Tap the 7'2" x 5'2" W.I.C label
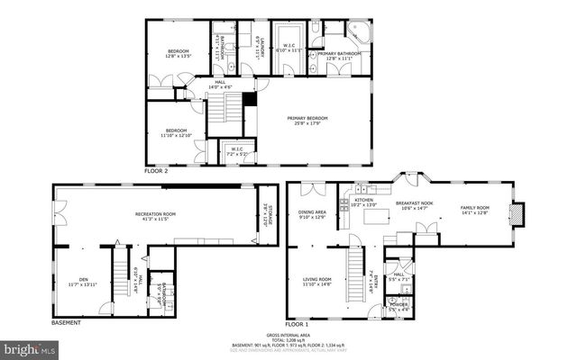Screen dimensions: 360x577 coord(236,151)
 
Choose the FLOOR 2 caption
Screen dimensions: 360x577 coord(157,169)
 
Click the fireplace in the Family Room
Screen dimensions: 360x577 coord(516,214)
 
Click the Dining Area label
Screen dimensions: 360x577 coord(313,214)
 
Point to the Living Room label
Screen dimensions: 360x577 coord(316,282)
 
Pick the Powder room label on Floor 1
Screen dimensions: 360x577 coord(398,307)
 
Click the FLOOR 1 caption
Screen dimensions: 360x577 coord(298,322)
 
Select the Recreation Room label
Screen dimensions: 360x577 coord(155,216)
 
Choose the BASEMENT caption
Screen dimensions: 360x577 coord(66,322)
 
